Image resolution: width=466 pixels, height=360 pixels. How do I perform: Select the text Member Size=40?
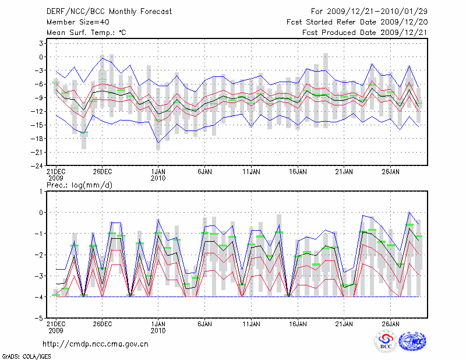click(x=73, y=22)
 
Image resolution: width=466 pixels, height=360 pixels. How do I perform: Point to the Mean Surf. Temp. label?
click(x=86, y=33)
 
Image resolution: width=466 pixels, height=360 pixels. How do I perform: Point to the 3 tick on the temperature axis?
click(x=41, y=43)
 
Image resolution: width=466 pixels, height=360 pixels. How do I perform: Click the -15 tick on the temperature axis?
click(x=38, y=125)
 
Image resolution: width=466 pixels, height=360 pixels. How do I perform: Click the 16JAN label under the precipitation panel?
click(x=298, y=324)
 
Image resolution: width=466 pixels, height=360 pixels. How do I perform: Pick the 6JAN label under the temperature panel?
click(x=204, y=172)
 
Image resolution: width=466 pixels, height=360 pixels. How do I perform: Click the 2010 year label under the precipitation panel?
click(x=158, y=330)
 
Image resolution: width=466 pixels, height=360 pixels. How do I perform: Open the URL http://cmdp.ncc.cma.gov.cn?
click(x=96, y=344)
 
